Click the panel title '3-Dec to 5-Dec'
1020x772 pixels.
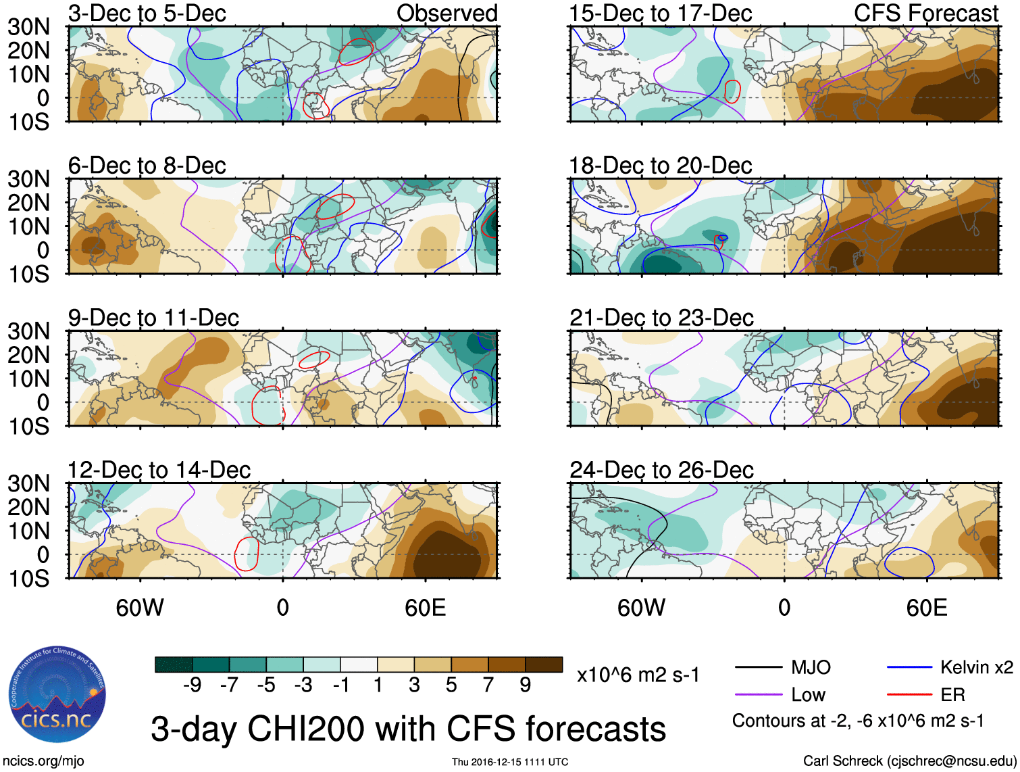[147, 13]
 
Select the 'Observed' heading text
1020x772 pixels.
[447, 13]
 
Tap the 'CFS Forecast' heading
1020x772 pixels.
[925, 13]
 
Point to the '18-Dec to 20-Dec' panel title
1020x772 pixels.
[660, 166]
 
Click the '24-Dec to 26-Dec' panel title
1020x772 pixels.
[661, 470]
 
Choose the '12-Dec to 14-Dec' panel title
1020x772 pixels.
[159, 470]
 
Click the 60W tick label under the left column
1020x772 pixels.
[140, 608]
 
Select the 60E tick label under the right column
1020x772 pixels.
[926, 608]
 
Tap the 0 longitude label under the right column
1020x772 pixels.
[784, 608]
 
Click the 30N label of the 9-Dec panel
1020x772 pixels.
[28, 331]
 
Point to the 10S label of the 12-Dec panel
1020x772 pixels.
[28, 579]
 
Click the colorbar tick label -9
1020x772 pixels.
[192, 685]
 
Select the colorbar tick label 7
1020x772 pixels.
[488, 685]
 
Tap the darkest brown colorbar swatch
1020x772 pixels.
[544, 665]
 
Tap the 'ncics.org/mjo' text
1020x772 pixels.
[43, 761]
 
